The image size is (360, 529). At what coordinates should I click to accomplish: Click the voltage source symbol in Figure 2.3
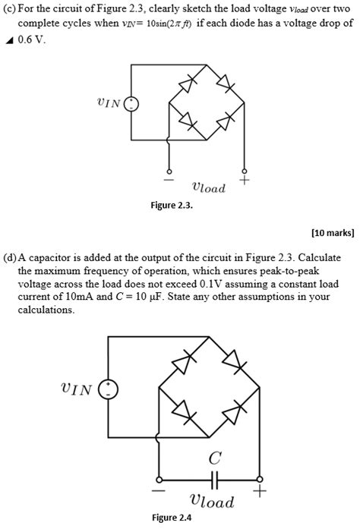pos(131,105)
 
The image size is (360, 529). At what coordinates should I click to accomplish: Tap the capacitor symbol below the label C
pos(215,480)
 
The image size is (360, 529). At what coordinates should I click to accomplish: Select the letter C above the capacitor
pos(215,458)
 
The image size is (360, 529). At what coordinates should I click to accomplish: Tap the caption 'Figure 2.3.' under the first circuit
pos(177,205)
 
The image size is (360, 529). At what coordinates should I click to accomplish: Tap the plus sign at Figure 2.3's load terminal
pos(244,181)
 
